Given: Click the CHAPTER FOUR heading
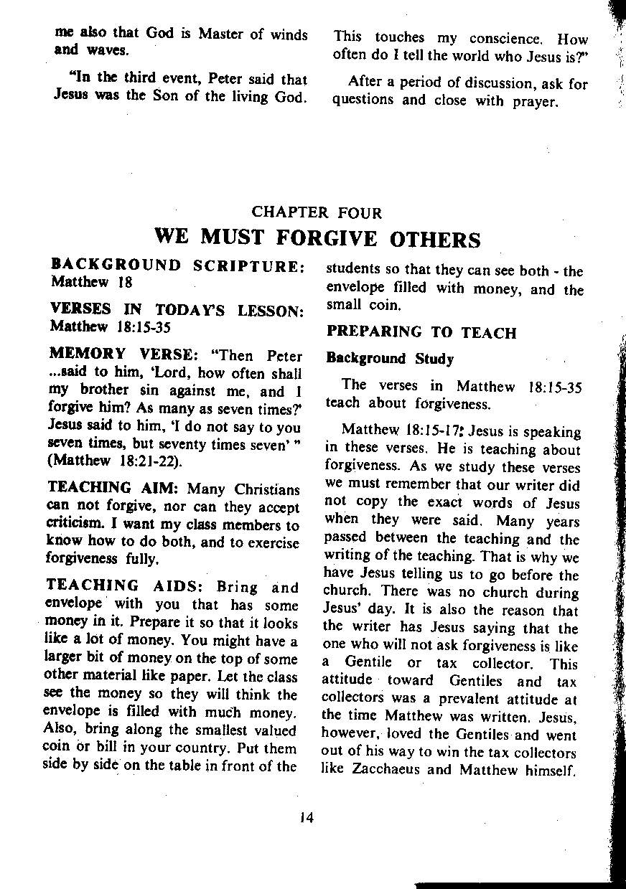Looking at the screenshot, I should click(x=317, y=212).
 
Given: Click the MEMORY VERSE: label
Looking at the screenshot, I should click(x=125, y=356).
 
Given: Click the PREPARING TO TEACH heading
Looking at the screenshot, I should click(x=421, y=332).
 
